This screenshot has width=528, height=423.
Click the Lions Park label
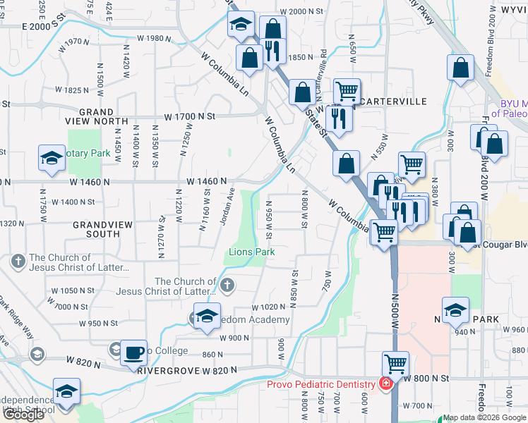click(251, 252)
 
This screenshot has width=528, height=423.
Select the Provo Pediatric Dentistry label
click(321, 384)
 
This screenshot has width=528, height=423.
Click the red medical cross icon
click(385, 384)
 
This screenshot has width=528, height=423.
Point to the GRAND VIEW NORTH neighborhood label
click(97, 117)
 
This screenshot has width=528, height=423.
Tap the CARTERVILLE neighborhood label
click(394, 102)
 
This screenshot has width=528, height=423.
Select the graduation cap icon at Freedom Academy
click(207, 317)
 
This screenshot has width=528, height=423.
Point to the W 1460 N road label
click(207, 181)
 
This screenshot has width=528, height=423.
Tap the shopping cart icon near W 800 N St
click(395, 364)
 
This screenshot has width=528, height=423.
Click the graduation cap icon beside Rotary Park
click(52, 160)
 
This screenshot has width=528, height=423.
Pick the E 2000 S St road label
click(48, 25)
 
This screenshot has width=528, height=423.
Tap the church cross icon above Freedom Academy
click(227, 286)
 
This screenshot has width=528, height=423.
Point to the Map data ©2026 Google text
click(484, 417)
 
